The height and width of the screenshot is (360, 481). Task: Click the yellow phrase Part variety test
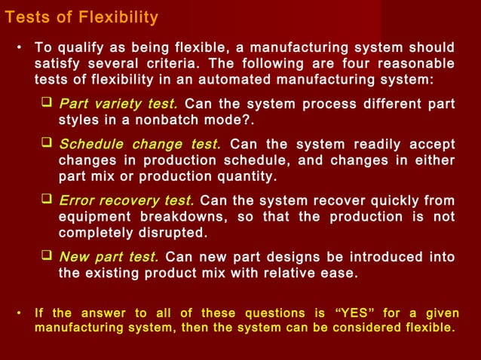pyautogui.click(x=118, y=103)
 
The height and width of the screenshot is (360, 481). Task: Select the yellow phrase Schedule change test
pyautogui.click(x=139, y=145)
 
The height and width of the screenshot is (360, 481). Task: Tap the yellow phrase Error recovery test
pyautogui.click(x=126, y=200)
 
